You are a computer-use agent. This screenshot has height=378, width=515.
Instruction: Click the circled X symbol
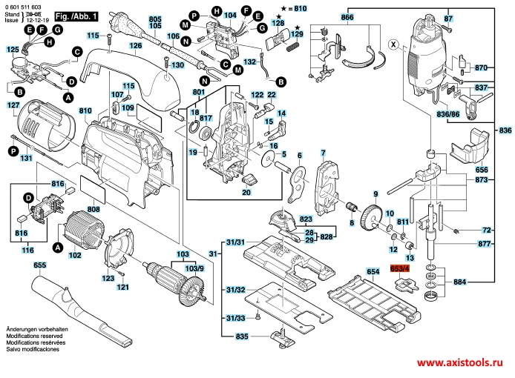point(393,43)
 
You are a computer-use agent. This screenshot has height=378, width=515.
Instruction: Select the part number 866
point(347,16)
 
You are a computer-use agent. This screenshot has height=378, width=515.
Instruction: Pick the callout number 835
point(241,338)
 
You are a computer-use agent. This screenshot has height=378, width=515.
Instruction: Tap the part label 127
point(13,105)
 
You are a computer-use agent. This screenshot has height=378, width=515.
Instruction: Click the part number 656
point(482,169)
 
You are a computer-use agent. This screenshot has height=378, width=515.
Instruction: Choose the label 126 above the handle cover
point(136,45)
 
